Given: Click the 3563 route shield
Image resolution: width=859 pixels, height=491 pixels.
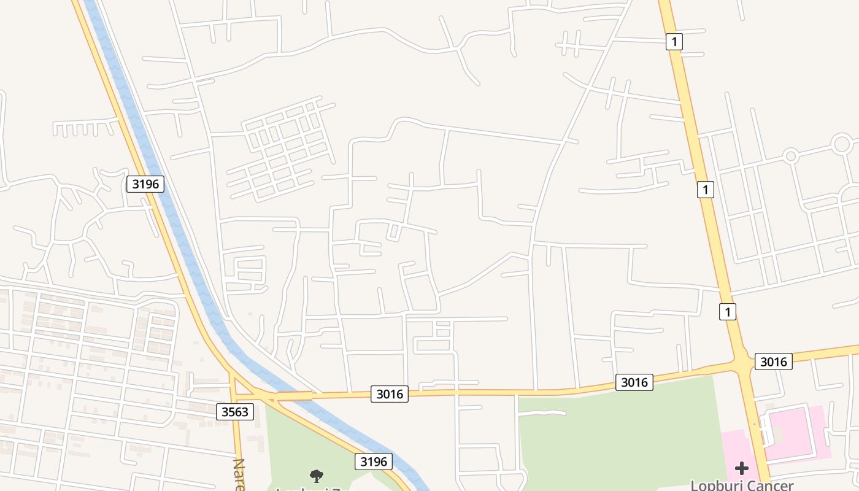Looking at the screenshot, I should (x=235, y=411).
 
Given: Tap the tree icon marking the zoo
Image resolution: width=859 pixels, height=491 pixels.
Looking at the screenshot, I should (x=317, y=475).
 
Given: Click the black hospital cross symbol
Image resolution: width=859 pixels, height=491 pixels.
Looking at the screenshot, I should (x=742, y=468).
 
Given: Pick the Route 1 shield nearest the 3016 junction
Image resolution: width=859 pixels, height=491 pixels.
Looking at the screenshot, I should (x=728, y=312).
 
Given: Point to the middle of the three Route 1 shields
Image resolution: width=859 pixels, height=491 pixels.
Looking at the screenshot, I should (x=706, y=190).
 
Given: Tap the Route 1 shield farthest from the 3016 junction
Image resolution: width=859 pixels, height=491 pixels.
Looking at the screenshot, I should (x=674, y=42).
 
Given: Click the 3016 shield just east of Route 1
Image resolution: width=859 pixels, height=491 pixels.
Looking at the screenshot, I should (x=773, y=361).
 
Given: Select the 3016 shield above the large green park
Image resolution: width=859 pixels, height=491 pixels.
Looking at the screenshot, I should (x=634, y=382).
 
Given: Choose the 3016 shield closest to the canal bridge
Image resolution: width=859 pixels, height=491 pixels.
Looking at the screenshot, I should (x=390, y=394).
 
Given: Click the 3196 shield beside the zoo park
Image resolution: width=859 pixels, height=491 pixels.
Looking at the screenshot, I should (x=374, y=462).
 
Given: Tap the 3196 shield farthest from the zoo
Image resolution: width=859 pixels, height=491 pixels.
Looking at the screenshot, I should (x=145, y=184).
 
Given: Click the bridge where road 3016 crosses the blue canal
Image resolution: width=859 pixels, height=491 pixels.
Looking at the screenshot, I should (x=295, y=396).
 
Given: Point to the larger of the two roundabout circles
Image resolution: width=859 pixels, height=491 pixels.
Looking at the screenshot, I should (x=841, y=144).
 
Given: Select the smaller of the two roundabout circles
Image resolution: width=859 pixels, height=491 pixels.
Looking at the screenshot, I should (x=791, y=156).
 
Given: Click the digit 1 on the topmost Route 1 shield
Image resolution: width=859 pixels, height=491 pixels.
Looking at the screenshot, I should (x=674, y=42).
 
